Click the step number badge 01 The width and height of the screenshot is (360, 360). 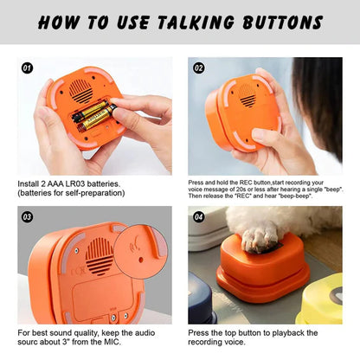pos(27,68)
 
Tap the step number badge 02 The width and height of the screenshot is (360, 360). pos(198,68)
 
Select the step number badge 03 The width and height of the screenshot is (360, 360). pos(27,216)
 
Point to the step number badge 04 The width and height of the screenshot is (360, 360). pos(198,216)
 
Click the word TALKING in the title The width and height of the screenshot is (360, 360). pos(196,22)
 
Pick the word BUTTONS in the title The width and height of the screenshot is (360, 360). pos(283,22)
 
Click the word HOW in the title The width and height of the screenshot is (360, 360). pos(59,22)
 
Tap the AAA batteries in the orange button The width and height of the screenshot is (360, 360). pos(93,116)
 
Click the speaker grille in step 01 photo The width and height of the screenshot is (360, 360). pos(81,92)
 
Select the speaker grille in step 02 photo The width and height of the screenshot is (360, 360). pos(247,95)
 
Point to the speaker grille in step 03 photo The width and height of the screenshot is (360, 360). pos(100,256)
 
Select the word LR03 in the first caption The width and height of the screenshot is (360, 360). pos(74,184)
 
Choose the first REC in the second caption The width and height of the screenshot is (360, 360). pos(245,183)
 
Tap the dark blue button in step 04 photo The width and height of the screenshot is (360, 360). pos(201,300)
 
